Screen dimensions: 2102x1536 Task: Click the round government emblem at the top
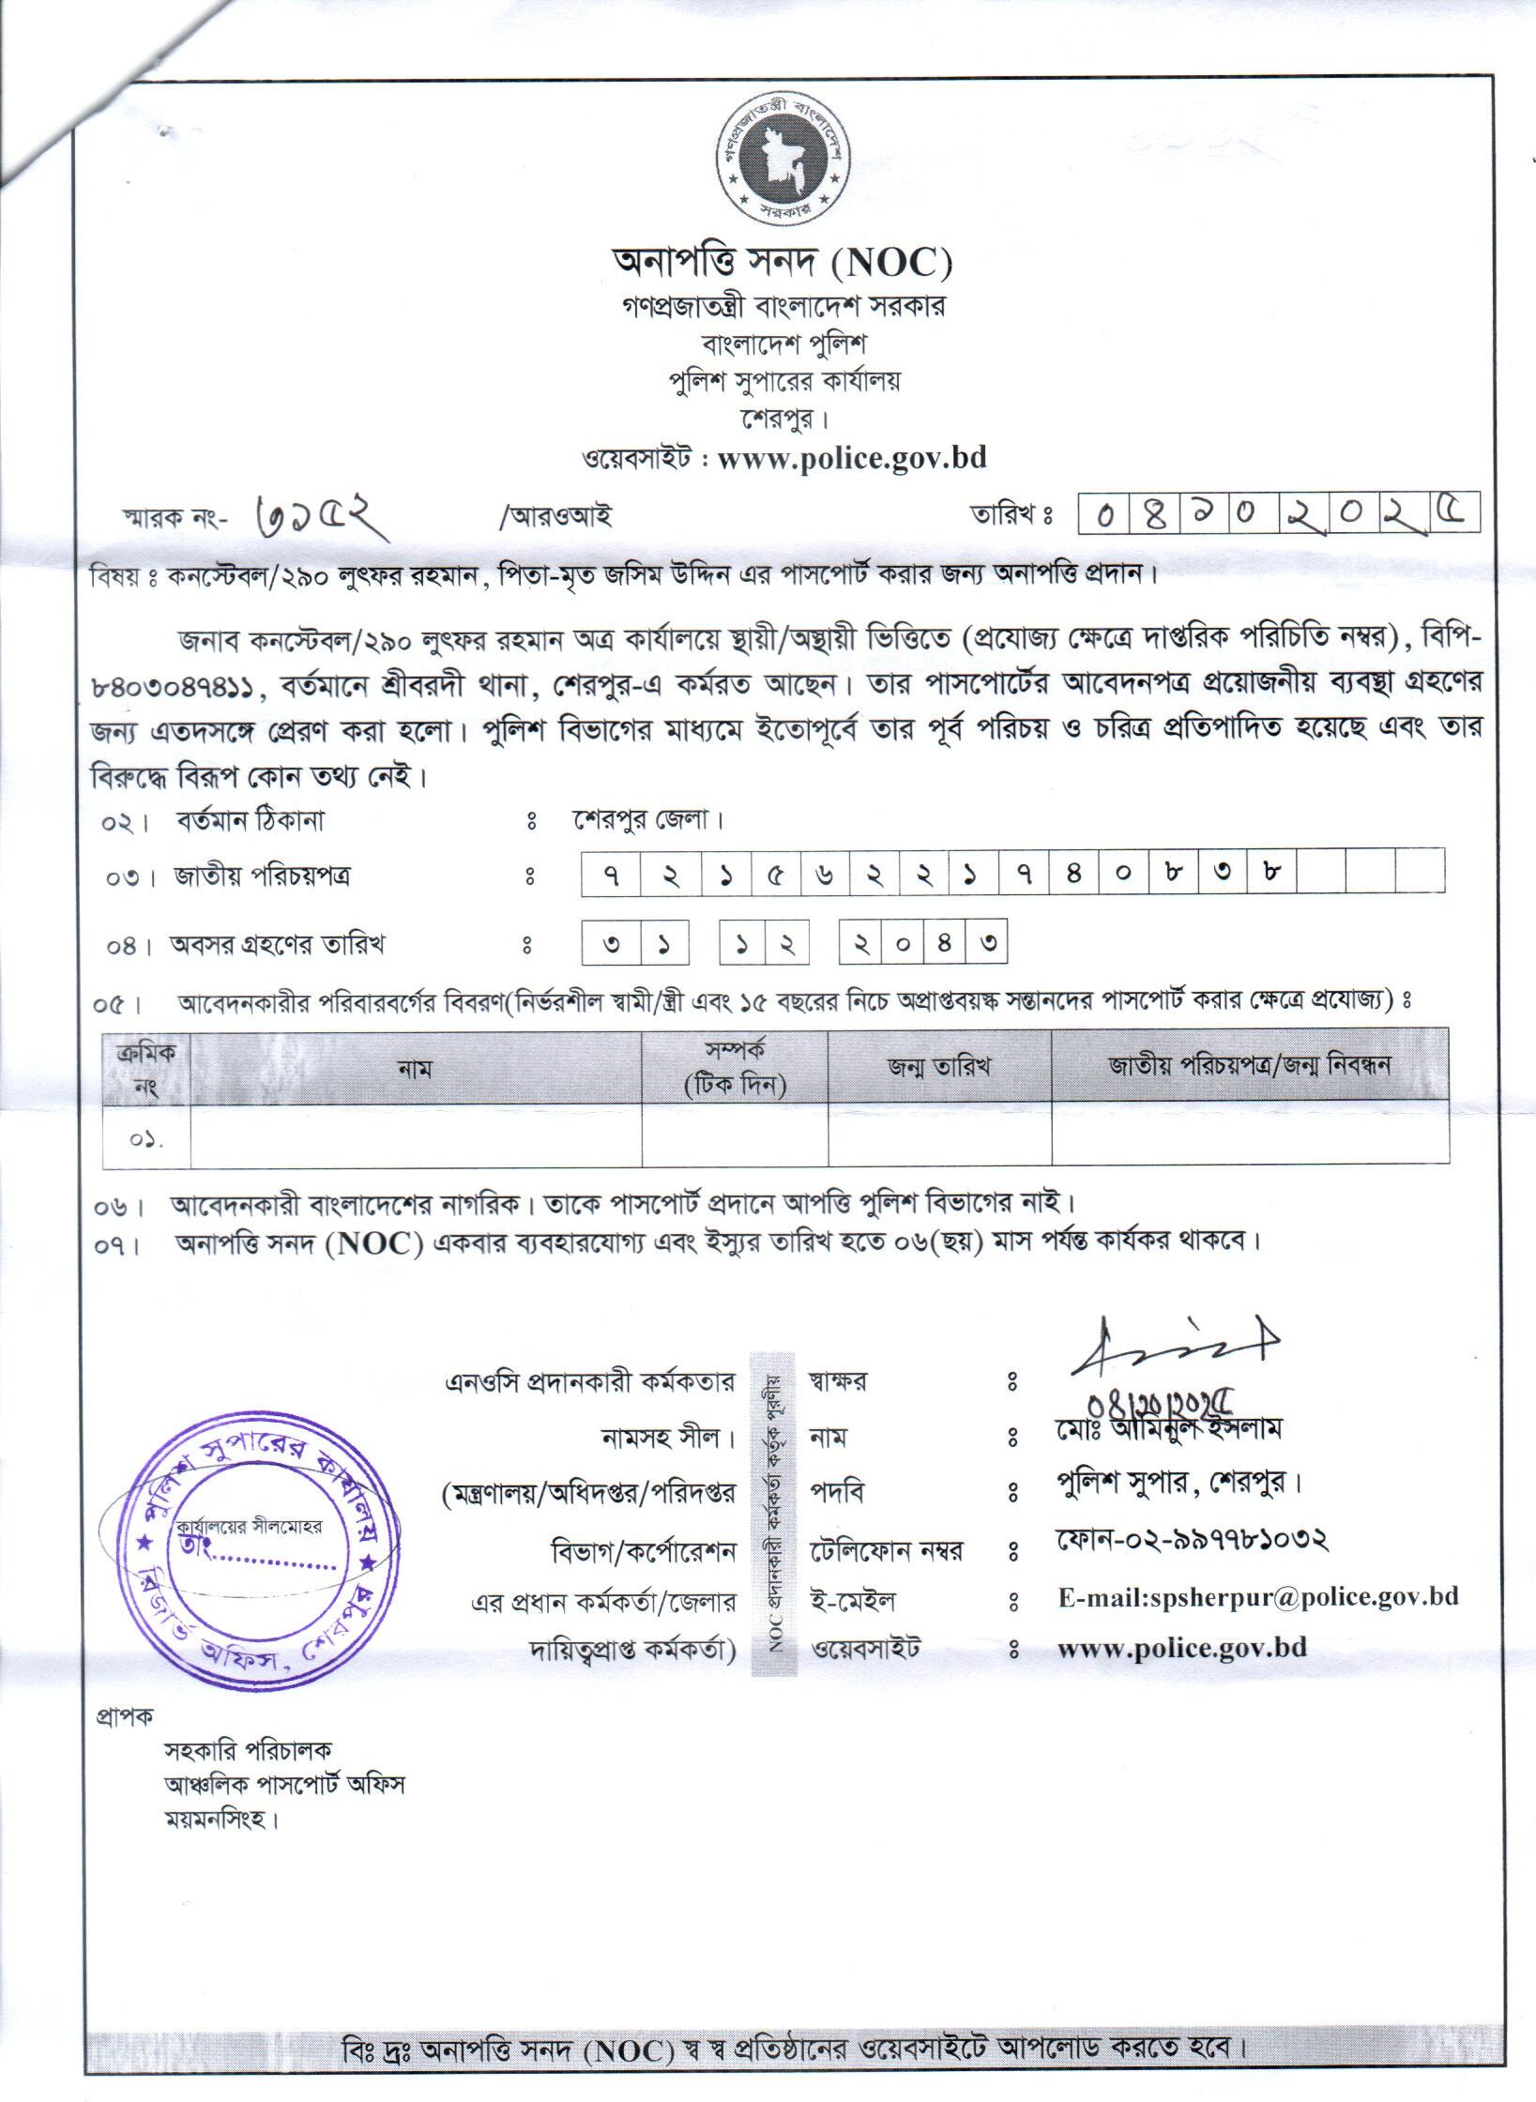coord(781,161)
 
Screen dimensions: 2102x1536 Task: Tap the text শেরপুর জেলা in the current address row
coord(647,820)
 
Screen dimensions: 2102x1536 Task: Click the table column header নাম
coord(415,1068)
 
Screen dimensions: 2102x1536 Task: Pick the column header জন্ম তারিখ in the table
coord(938,1066)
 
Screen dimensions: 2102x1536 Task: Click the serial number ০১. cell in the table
coord(146,1138)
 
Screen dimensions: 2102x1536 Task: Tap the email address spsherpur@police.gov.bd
coord(1257,1597)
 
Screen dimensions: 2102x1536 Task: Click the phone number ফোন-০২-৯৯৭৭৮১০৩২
coord(1191,1539)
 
